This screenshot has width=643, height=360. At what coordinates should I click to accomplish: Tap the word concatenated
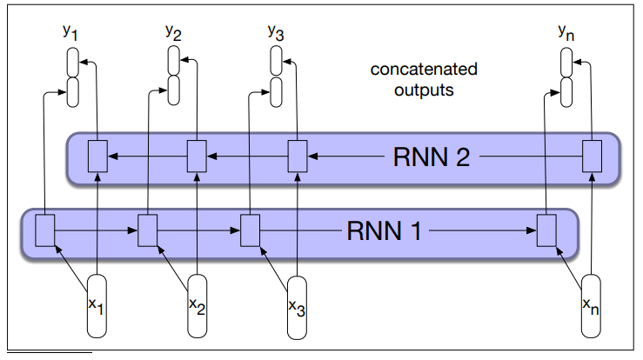point(424,69)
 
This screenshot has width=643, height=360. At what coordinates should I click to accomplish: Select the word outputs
point(424,89)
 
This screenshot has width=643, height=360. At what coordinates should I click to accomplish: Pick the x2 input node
point(198,305)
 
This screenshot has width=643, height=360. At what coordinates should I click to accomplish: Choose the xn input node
point(592,305)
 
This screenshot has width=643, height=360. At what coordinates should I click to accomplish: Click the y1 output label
point(70,35)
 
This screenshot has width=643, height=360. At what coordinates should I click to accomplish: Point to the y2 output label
point(172,33)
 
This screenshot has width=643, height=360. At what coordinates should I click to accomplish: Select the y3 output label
point(274,33)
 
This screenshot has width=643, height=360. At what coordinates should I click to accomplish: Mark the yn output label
point(566,33)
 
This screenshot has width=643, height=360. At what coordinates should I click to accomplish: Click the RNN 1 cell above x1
point(45,231)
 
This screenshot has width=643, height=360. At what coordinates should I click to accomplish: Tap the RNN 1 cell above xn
point(546,231)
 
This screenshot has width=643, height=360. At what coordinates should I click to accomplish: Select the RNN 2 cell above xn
point(592,157)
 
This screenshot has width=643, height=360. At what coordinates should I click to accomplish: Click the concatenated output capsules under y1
point(73,77)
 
